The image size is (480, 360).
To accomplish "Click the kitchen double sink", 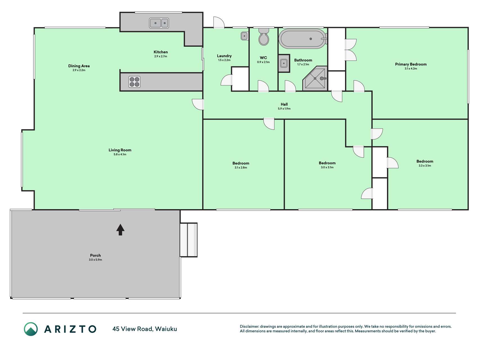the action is pyautogui.click(x=159, y=23).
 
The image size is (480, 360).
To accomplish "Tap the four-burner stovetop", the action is pyautogui.click(x=134, y=82).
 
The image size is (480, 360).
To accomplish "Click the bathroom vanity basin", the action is pyautogui.click(x=284, y=63).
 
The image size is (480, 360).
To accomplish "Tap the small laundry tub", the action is pyautogui.click(x=244, y=36).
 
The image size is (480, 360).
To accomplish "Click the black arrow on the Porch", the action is pyautogui.click(x=120, y=229).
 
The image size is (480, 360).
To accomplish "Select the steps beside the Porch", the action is pyautogui.click(x=188, y=240).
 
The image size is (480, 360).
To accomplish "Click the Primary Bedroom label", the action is pyautogui.click(x=411, y=64).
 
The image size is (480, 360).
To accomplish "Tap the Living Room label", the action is pyautogui.click(x=120, y=150).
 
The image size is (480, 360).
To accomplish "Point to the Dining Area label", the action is pyautogui.click(x=79, y=66).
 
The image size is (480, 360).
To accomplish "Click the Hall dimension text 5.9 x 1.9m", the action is pyautogui.click(x=284, y=109).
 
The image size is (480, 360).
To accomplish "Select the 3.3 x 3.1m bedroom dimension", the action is pyautogui.click(x=425, y=166).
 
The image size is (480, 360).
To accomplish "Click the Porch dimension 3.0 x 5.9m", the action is pyautogui.click(x=95, y=260).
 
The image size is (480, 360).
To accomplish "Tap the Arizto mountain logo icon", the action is pyautogui.click(x=31, y=329).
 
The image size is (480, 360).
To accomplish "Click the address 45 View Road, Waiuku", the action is pyautogui.click(x=145, y=329).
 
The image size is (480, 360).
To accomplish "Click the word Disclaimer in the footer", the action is pyautogui.click(x=249, y=327).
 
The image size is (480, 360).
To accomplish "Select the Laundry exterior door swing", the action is pyautogui.click(x=219, y=22).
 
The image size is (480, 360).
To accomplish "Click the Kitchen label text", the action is pyautogui.click(x=161, y=52).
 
